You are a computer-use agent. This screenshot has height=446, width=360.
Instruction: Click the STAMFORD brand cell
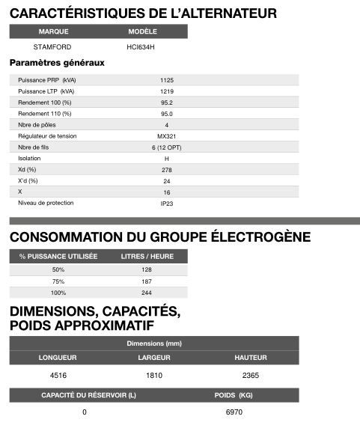(x=52, y=46)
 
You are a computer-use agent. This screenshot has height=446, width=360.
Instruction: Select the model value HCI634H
(x=141, y=46)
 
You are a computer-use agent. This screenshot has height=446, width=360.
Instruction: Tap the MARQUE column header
(x=53, y=31)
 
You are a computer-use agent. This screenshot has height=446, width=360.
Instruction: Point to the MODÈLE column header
(x=142, y=31)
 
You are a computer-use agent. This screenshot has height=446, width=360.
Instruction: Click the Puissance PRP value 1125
(x=166, y=80)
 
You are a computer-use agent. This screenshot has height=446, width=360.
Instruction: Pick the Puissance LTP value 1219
(x=166, y=91)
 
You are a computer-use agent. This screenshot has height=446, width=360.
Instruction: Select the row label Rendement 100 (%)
(x=45, y=103)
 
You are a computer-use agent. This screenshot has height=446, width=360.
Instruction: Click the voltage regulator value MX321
(x=166, y=136)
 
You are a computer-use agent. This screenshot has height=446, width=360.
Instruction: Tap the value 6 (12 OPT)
(x=166, y=147)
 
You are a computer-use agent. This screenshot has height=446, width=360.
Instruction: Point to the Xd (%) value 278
(x=166, y=170)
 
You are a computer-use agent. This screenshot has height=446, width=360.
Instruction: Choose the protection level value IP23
(x=166, y=204)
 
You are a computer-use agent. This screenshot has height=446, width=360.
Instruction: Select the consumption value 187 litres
(x=147, y=281)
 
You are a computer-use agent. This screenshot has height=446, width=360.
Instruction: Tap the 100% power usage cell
(x=58, y=293)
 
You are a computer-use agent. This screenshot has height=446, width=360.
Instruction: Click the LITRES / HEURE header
(x=147, y=257)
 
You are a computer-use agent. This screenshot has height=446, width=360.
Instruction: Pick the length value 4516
(x=58, y=375)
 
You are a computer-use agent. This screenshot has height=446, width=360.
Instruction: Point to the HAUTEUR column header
(x=250, y=358)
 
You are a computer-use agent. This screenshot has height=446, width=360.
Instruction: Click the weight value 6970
(x=234, y=412)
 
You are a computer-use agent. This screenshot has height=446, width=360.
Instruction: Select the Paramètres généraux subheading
(x=56, y=63)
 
